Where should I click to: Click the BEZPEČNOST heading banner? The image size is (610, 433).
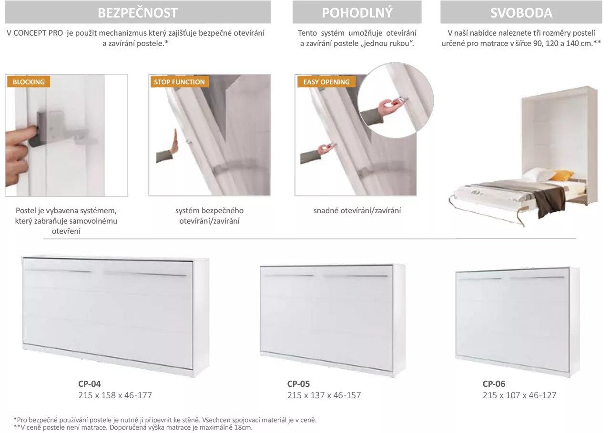pyautogui.click(x=138, y=12)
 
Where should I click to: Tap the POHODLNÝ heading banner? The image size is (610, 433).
pyautogui.click(x=357, y=12)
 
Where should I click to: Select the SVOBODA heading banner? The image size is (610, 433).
pyautogui.click(x=521, y=12)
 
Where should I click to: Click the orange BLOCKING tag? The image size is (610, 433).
pyautogui.click(x=29, y=82)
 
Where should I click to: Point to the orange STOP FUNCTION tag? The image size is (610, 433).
pyautogui.click(x=180, y=82)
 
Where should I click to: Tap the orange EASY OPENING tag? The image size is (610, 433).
pyautogui.click(x=326, y=82)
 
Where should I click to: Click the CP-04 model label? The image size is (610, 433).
pyautogui.click(x=89, y=384)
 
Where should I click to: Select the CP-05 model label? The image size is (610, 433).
pyautogui.click(x=298, y=384)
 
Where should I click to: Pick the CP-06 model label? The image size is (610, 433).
pyautogui.click(x=494, y=384)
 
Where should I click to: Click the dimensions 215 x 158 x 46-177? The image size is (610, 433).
pyautogui.click(x=115, y=395)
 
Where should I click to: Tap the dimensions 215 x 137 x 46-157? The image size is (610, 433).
pyautogui.click(x=324, y=395)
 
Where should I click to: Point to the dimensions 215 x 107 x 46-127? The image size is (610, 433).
pyautogui.click(x=519, y=395)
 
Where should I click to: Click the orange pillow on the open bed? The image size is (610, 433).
pyautogui.click(x=562, y=175)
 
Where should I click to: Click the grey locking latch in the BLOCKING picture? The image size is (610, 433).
pyautogui.click(x=41, y=128)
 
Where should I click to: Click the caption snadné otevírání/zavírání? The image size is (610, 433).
pyautogui.click(x=357, y=210)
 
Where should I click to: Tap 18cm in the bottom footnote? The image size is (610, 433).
pyautogui.click(x=243, y=427)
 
